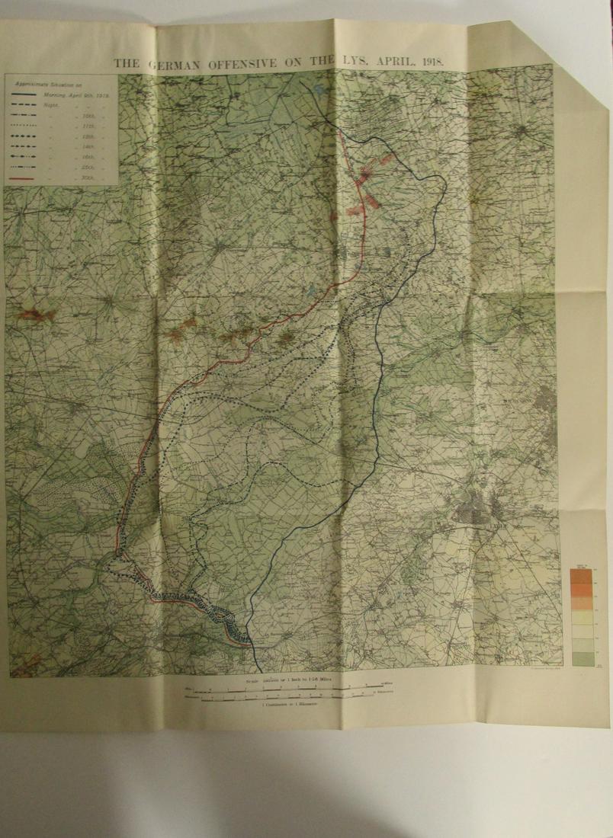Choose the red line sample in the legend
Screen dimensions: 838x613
coord(30,178)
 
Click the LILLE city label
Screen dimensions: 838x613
coord(499,526)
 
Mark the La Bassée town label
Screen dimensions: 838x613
coord(273,634)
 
